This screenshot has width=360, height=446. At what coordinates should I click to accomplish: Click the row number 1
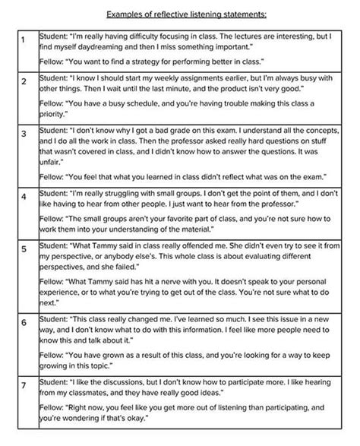point(24,38)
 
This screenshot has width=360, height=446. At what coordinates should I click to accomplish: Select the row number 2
point(24,81)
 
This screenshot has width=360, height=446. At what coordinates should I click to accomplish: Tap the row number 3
point(24,134)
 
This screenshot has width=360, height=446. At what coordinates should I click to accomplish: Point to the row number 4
point(24,196)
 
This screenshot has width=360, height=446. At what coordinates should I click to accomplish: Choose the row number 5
point(24,248)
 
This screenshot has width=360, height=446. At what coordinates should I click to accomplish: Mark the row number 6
point(24,322)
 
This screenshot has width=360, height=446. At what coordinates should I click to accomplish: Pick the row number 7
point(24,384)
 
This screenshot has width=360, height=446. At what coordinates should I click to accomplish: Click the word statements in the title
point(229,13)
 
